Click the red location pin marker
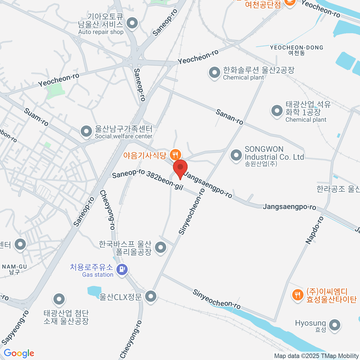[x=180, y=168]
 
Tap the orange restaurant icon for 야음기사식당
[x=175, y=155]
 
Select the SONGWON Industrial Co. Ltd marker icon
[x=236, y=155]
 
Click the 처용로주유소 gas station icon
[x=122, y=269]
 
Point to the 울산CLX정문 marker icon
[x=151, y=296]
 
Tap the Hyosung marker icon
[x=334, y=325]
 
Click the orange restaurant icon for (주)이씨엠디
[x=297, y=295]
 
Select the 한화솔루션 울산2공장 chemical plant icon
[x=214, y=73]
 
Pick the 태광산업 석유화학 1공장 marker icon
[x=277, y=111]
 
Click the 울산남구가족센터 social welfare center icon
[x=86, y=131]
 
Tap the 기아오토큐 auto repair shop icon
[x=132, y=23]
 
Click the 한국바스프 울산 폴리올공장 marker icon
[x=161, y=247]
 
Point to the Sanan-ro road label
[x=229, y=117]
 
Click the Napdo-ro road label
[x=315, y=230]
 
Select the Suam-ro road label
[x=36, y=117]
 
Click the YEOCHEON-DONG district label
[x=296, y=48]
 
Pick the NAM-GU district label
[x=14, y=267]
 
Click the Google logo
[x=19, y=353]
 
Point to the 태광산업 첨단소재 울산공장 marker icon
[x=59, y=299]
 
